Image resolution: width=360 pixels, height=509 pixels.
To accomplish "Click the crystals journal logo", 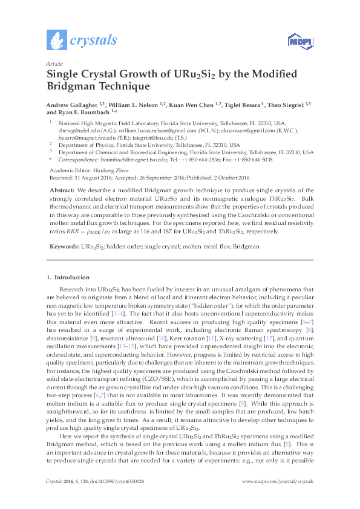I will click(82, 41).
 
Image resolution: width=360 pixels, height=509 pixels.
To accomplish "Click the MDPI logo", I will click(297, 41).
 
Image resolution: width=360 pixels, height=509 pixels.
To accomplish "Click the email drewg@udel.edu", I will click(76, 129).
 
